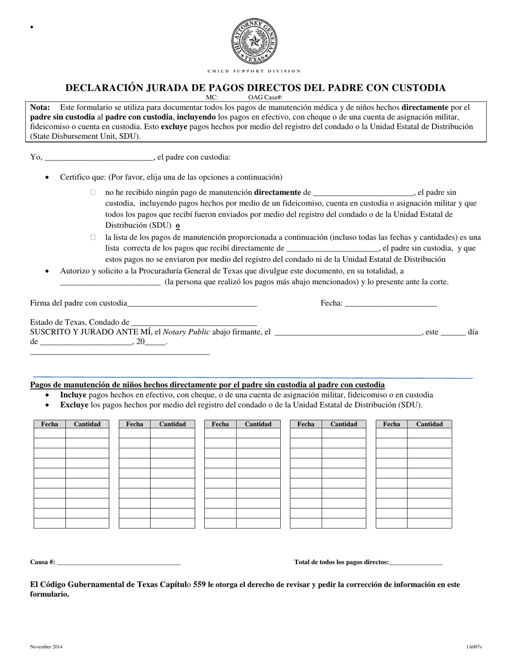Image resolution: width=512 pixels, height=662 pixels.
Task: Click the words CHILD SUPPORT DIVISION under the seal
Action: (254, 71)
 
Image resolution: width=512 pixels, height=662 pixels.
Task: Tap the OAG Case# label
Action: (265, 97)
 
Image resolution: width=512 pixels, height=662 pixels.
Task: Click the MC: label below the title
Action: (212, 97)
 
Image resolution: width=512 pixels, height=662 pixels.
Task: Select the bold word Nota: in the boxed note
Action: (40, 107)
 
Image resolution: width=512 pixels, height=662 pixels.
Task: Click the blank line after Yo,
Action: (99, 158)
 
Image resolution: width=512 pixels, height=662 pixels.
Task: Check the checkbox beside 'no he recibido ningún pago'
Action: (93, 192)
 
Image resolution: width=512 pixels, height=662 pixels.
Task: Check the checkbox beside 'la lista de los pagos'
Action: (93, 237)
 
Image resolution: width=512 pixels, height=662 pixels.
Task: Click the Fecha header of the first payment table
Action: (50, 424)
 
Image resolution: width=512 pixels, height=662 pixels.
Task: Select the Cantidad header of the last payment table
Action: (430, 424)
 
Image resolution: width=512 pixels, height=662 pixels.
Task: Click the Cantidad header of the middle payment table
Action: (258, 424)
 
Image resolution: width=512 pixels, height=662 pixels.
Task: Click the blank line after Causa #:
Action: (118, 563)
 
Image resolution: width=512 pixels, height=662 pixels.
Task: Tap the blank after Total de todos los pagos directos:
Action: (416, 563)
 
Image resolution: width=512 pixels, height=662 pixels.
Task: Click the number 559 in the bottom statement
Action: (199, 584)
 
